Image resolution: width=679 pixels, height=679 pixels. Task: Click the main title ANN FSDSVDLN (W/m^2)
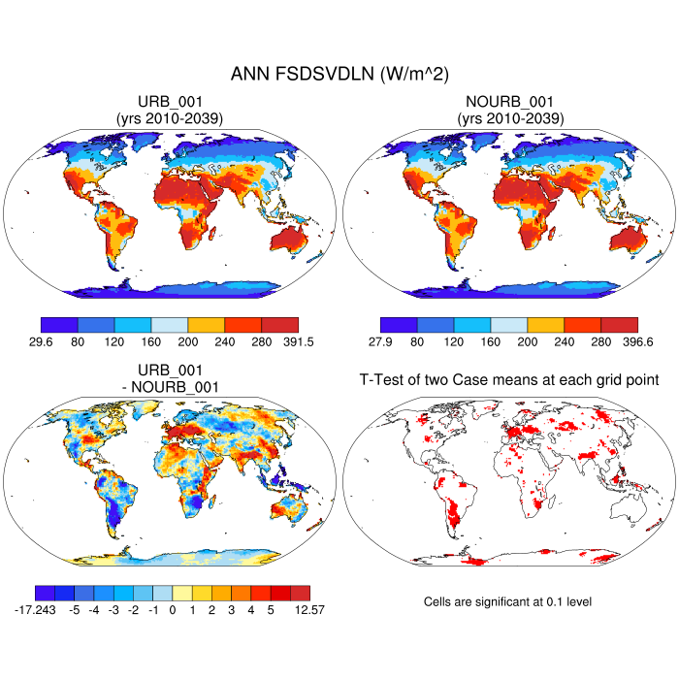click(339, 74)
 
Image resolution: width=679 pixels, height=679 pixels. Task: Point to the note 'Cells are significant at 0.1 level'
click(507, 602)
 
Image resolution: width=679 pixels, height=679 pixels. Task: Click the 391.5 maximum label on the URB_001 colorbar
click(297, 341)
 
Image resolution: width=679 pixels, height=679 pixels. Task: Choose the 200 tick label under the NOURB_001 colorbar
click(528, 341)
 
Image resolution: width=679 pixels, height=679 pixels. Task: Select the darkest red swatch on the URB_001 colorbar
click(280, 325)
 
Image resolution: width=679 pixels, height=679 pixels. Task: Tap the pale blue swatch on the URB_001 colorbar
click(170, 325)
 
